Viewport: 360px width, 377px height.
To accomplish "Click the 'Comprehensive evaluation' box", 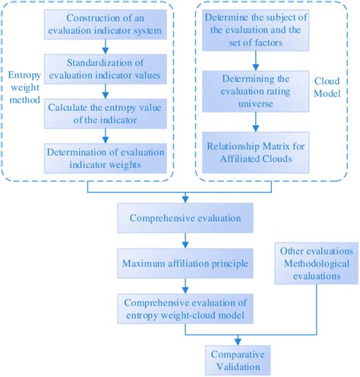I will [x=181, y=219].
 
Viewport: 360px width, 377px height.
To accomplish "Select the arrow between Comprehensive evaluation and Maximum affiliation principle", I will [x=181, y=242].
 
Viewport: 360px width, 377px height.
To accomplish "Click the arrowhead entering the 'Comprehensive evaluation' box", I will [x=181, y=201].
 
